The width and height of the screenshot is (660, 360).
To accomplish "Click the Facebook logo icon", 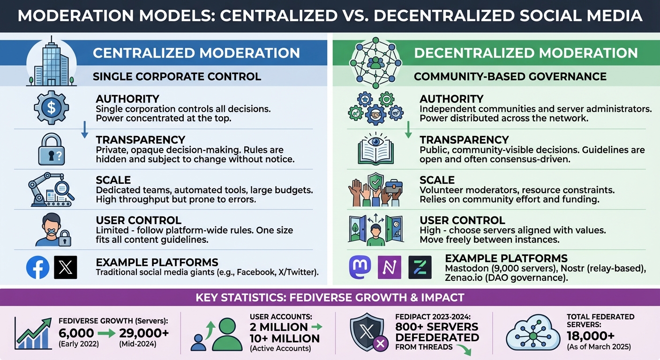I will coord(38,268).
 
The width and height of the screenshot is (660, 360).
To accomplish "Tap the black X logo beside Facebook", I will coord(66,268).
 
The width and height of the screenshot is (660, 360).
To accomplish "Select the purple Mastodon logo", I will coord(360,267).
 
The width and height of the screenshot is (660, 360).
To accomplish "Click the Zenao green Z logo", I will coord(420,267).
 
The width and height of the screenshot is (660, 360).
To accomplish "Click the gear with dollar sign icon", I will coord(52,107).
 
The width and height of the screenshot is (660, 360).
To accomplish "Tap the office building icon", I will coord(52,62).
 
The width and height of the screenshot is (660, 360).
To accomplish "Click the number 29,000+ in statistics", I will coord(145,333).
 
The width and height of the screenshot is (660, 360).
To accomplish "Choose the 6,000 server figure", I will coord(76,333).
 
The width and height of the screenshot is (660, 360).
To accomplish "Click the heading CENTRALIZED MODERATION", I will coord(196,52).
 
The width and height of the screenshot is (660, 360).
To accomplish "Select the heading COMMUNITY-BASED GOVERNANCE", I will coord(510,76).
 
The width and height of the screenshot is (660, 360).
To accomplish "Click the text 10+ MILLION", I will coord(285,338).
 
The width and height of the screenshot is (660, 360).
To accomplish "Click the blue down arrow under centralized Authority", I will coord(85,130).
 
